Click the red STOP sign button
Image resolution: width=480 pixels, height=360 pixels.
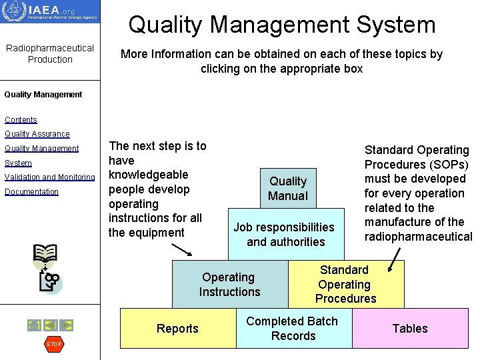click(x=53, y=344)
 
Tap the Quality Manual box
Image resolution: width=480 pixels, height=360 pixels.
click(x=288, y=188)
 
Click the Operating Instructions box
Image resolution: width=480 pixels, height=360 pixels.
click(x=229, y=285)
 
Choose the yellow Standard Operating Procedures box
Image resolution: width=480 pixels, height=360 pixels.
click(x=345, y=284)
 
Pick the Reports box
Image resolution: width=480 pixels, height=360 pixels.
click(x=177, y=328)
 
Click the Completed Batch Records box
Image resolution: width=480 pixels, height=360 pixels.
click(x=293, y=328)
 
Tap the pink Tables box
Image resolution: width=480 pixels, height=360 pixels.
click(x=410, y=328)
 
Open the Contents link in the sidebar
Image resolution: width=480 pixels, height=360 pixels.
click(x=21, y=120)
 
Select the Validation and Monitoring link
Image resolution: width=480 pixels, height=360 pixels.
click(x=50, y=177)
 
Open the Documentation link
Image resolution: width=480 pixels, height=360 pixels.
click(x=31, y=192)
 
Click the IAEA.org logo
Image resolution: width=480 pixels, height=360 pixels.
click(x=50, y=12)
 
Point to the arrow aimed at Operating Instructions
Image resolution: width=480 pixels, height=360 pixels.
click(x=181, y=249)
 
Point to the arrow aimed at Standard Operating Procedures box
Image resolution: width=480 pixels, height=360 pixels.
click(x=395, y=259)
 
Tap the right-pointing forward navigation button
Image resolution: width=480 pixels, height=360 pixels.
click(x=67, y=325)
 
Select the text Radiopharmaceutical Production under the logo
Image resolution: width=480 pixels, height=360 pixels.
click(x=50, y=54)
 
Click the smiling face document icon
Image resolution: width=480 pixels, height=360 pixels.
click(x=49, y=281)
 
